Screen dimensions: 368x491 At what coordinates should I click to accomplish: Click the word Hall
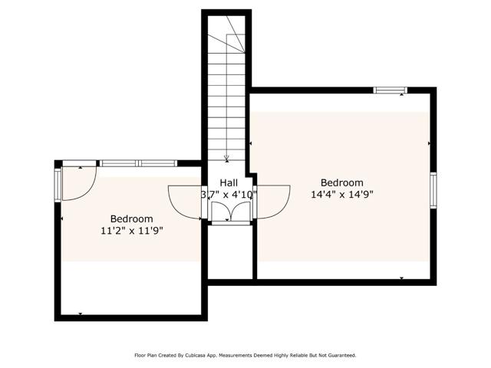click(x=229, y=182)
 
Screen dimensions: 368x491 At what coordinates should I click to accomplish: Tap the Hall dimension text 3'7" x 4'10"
click(x=229, y=195)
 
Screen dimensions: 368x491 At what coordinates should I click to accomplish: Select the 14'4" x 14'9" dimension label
click(x=341, y=195)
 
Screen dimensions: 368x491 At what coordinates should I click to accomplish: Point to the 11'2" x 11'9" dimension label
click(x=132, y=230)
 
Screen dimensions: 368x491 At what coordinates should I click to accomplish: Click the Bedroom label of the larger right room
click(x=341, y=182)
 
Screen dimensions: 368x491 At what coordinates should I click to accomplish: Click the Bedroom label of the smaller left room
click(x=132, y=219)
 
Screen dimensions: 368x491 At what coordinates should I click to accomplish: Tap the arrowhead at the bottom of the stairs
click(x=227, y=159)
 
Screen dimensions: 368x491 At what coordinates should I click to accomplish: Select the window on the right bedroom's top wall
click(x=390, y=90)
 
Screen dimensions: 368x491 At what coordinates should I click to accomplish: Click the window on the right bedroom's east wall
click(x=433, y=190)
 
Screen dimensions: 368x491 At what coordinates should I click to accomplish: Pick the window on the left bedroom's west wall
click(x=58, y=183)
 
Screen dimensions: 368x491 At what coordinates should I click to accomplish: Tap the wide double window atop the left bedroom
click(x=139, y=163)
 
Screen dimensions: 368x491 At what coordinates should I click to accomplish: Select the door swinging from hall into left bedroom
click(x=184, y=203)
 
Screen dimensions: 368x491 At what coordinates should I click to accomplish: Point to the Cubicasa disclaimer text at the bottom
click(x=245, y=355)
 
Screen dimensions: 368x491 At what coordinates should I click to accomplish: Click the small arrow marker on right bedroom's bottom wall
click(x=401, y=278)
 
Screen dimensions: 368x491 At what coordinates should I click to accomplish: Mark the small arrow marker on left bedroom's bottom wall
click(x=81, y=314)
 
